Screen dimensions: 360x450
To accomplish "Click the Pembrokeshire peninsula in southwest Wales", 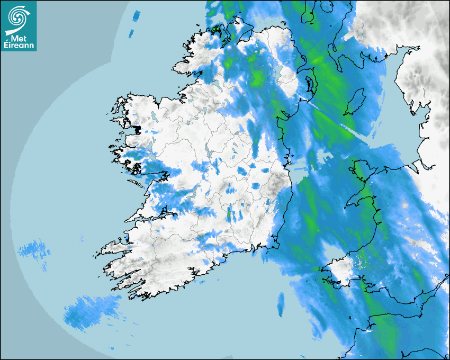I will tap(336, 270).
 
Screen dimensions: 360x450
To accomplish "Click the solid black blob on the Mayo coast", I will tap(138, 129).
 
